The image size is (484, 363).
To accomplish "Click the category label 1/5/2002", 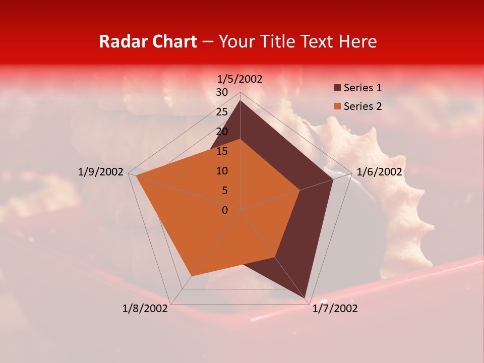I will click(x=240, y=79).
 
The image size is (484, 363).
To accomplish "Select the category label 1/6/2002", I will click(x=379, y=172).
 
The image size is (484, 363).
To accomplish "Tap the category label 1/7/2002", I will click(x=335, y=309).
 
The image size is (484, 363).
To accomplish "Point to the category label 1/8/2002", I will click(x=145, y=309).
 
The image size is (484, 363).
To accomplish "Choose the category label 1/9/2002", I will click(x=101, y=172).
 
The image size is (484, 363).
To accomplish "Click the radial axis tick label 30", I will click(x=222, y=92).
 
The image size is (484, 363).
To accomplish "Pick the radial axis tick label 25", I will click(x=222, y=112).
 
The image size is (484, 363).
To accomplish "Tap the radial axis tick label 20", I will click(x=222, y=132).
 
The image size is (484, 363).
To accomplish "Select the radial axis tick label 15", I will click(x=222, y=151).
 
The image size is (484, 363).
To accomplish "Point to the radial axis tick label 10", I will click(x=222, y=171).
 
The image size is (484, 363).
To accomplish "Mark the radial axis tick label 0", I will click(x=225, y=210).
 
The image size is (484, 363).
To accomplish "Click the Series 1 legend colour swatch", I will click(x=337, y=88).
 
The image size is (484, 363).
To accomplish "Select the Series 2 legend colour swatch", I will click(x=337, y=106).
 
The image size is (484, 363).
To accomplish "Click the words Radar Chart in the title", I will click(x=148, y=41).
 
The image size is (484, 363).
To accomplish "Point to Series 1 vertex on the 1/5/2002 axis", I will click(x=240, y=100).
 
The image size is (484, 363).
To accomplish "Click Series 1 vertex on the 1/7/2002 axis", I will click(x=305, y=298).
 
